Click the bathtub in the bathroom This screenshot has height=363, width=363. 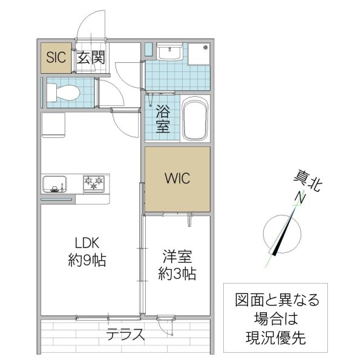pyautogui.click(x=195, y=119)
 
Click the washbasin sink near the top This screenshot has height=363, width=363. pyautogui.click(x=169, y=53)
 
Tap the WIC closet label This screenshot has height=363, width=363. pyautogui.click(x=178, y=179)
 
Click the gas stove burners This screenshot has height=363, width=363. pyautogui.click(x=94, y=183)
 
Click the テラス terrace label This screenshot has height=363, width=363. pyautogui.click(x=125, y=333)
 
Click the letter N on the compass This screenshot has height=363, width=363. pyautogui.click(x=299, y=198)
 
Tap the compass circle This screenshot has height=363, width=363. pyautogui.click(x=283, y=234)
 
